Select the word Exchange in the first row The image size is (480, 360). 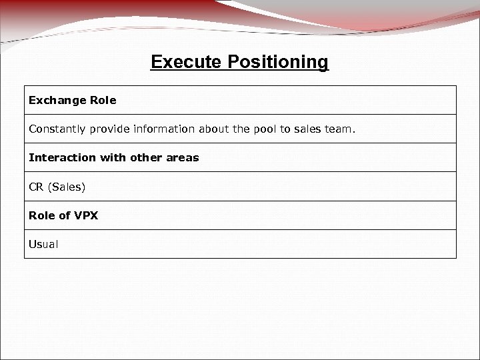[55, 100]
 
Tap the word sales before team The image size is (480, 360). [308, 129]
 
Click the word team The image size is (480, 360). [340, 129]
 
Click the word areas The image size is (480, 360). [183, 158]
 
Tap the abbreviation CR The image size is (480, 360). [36, 187]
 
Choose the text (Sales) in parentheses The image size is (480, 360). [67, 187]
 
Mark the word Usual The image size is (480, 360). [43, 244]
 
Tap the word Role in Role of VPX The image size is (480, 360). [40, 215]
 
